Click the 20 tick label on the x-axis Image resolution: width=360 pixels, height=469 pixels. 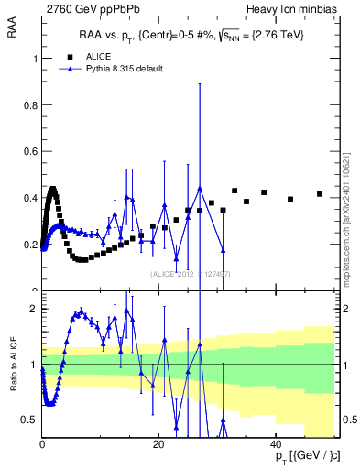tap(158, 443)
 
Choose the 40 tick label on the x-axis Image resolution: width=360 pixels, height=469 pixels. tap(275, 443)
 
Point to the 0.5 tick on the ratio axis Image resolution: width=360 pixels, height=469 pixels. tap(31, 420)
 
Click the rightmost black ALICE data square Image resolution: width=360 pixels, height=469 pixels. tap(320, 194)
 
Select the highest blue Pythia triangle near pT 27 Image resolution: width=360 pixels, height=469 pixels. tap(200, 189)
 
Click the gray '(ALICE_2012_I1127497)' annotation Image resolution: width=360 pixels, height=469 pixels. tap(191, 274)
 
